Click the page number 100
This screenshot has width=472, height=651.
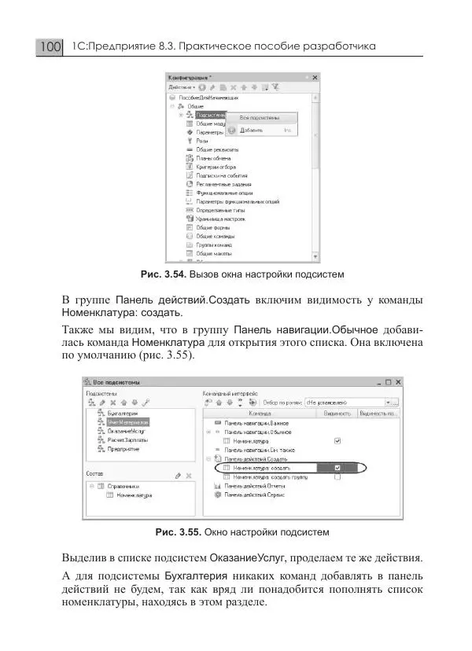pyautogui.click(x=49, y=47)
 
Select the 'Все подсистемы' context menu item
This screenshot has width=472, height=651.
pyautogui.click(x=260, y=117)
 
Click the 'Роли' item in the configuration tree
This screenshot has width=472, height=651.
pyautogui.click(x=201, y=141)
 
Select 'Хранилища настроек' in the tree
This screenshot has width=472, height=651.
pyautogui.click(x=218, y=219)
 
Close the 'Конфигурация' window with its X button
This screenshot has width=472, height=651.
pyautogui.click(x=315, y=78)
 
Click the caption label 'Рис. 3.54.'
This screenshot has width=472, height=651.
pyautogui.click(x=162, y=274)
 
